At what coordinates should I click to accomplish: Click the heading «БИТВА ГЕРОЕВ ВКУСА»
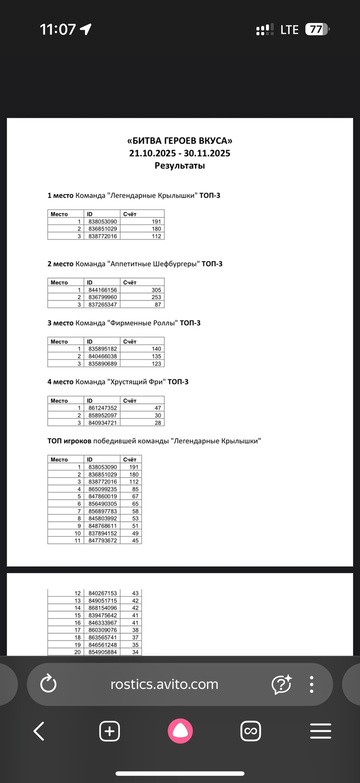[x=180, y=141]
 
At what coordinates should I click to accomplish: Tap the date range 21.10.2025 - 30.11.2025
[x=180, y=153]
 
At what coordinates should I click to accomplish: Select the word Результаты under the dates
[x=180, y=165]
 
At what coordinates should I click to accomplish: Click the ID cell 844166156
[x=103, y=290]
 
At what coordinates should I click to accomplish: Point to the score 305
[x=156, y=290]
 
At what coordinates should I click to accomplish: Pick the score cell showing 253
[x=156, y=297]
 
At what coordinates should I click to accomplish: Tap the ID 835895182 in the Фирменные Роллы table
[x=103, y=349]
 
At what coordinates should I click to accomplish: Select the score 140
[x=156, y=349]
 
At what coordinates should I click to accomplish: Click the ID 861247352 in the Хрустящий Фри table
[x=103, y=408]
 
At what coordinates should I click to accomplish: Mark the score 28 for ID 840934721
[x=157, y=422]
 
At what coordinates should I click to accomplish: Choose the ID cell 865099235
[x=103, y=489]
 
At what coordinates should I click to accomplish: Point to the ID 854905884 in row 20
[x=103, y=652]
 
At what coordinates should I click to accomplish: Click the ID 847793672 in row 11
[x=103, y=541]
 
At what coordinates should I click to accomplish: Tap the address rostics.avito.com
[x=164, y=684]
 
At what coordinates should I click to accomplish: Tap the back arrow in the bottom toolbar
[x=39, y=731]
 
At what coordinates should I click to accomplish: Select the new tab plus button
[x=110, y=731]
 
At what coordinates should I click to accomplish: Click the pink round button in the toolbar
[x=180, y=731]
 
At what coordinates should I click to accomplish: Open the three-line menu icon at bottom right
[x=320, y=731]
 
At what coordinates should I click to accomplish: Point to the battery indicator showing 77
[x=317, y=29]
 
